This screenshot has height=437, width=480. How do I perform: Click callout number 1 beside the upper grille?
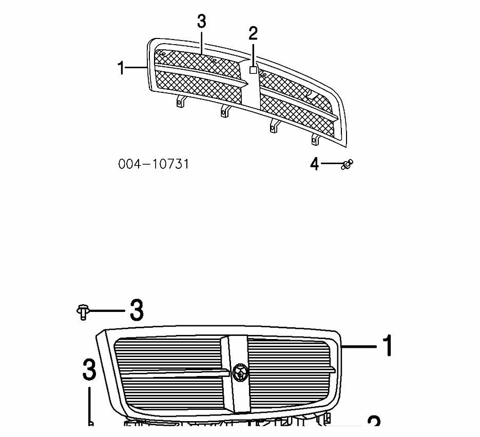(121, 67)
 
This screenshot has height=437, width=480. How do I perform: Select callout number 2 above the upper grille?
(253, 34)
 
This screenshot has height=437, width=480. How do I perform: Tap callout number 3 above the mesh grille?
(201, 22)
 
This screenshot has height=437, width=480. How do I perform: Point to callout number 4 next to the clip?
(315, 164)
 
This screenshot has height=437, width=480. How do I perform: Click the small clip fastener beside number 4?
(348, 165)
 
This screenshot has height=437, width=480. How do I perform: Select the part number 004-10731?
(153, 164)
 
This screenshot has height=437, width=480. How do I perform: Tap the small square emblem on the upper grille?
(253, 70)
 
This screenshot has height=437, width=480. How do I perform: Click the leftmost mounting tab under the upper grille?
(179, 102)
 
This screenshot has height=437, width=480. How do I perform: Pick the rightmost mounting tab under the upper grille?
(315, 138)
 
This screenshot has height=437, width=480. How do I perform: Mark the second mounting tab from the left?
(224, 111)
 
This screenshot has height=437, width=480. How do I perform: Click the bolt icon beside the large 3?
(82, 311)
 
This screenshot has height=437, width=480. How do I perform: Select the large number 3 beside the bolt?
(136, 310)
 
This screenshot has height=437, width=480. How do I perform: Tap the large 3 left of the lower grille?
(89, 370)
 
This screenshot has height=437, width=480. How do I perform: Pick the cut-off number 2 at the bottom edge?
(374, 424)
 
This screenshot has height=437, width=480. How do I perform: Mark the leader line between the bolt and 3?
(107, 311)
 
